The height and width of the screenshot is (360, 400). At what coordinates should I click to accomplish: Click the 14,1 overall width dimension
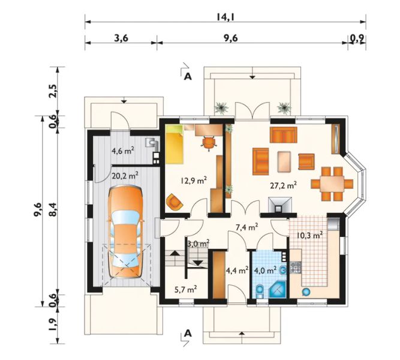tap(225, 17)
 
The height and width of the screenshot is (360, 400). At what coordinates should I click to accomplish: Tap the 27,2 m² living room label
tap(283, 185)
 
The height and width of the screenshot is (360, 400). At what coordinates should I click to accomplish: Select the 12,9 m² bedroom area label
tap(194, 181)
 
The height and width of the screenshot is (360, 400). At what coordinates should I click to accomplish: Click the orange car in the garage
tap(125, 232)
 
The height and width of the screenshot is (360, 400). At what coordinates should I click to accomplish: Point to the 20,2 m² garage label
tap(125, 176)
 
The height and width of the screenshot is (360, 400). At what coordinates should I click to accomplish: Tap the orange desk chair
tap(209, 142)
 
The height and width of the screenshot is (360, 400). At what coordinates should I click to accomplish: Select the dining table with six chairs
tap(332, 184)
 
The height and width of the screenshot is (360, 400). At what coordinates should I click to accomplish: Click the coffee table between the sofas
tap(284, 161)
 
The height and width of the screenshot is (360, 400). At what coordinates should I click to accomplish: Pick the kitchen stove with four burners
tap(296, 267)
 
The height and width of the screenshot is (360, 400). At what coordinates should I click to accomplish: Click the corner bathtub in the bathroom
tap(278, 289)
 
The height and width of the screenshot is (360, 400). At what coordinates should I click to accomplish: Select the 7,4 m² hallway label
tap(246, 227)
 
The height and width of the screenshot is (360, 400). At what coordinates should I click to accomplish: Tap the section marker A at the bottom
tap(188, 333)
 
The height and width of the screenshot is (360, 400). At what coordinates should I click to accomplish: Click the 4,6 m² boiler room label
tap(123, 151)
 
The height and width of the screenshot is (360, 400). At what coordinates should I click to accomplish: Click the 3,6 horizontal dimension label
tap(121, 38)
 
